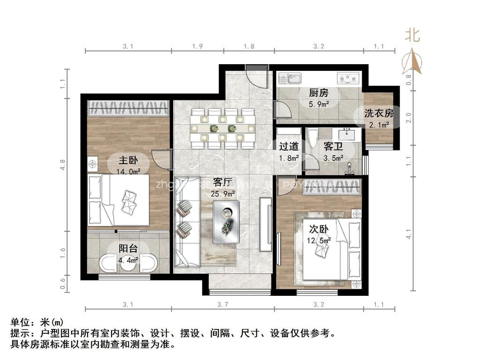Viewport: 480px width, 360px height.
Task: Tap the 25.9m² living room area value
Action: coord(223,192)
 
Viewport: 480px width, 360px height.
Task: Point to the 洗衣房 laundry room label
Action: coord(378,112)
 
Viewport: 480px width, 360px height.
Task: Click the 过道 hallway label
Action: coord(289,147)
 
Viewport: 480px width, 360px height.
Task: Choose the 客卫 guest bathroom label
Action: coord(333,147)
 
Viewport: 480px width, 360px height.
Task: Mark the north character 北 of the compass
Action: coord(412,35)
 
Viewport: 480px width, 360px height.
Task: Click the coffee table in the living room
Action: coord(226,221)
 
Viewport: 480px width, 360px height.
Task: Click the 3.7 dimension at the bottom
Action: coord(223,305)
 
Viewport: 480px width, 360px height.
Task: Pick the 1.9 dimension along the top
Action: coord(197,46)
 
